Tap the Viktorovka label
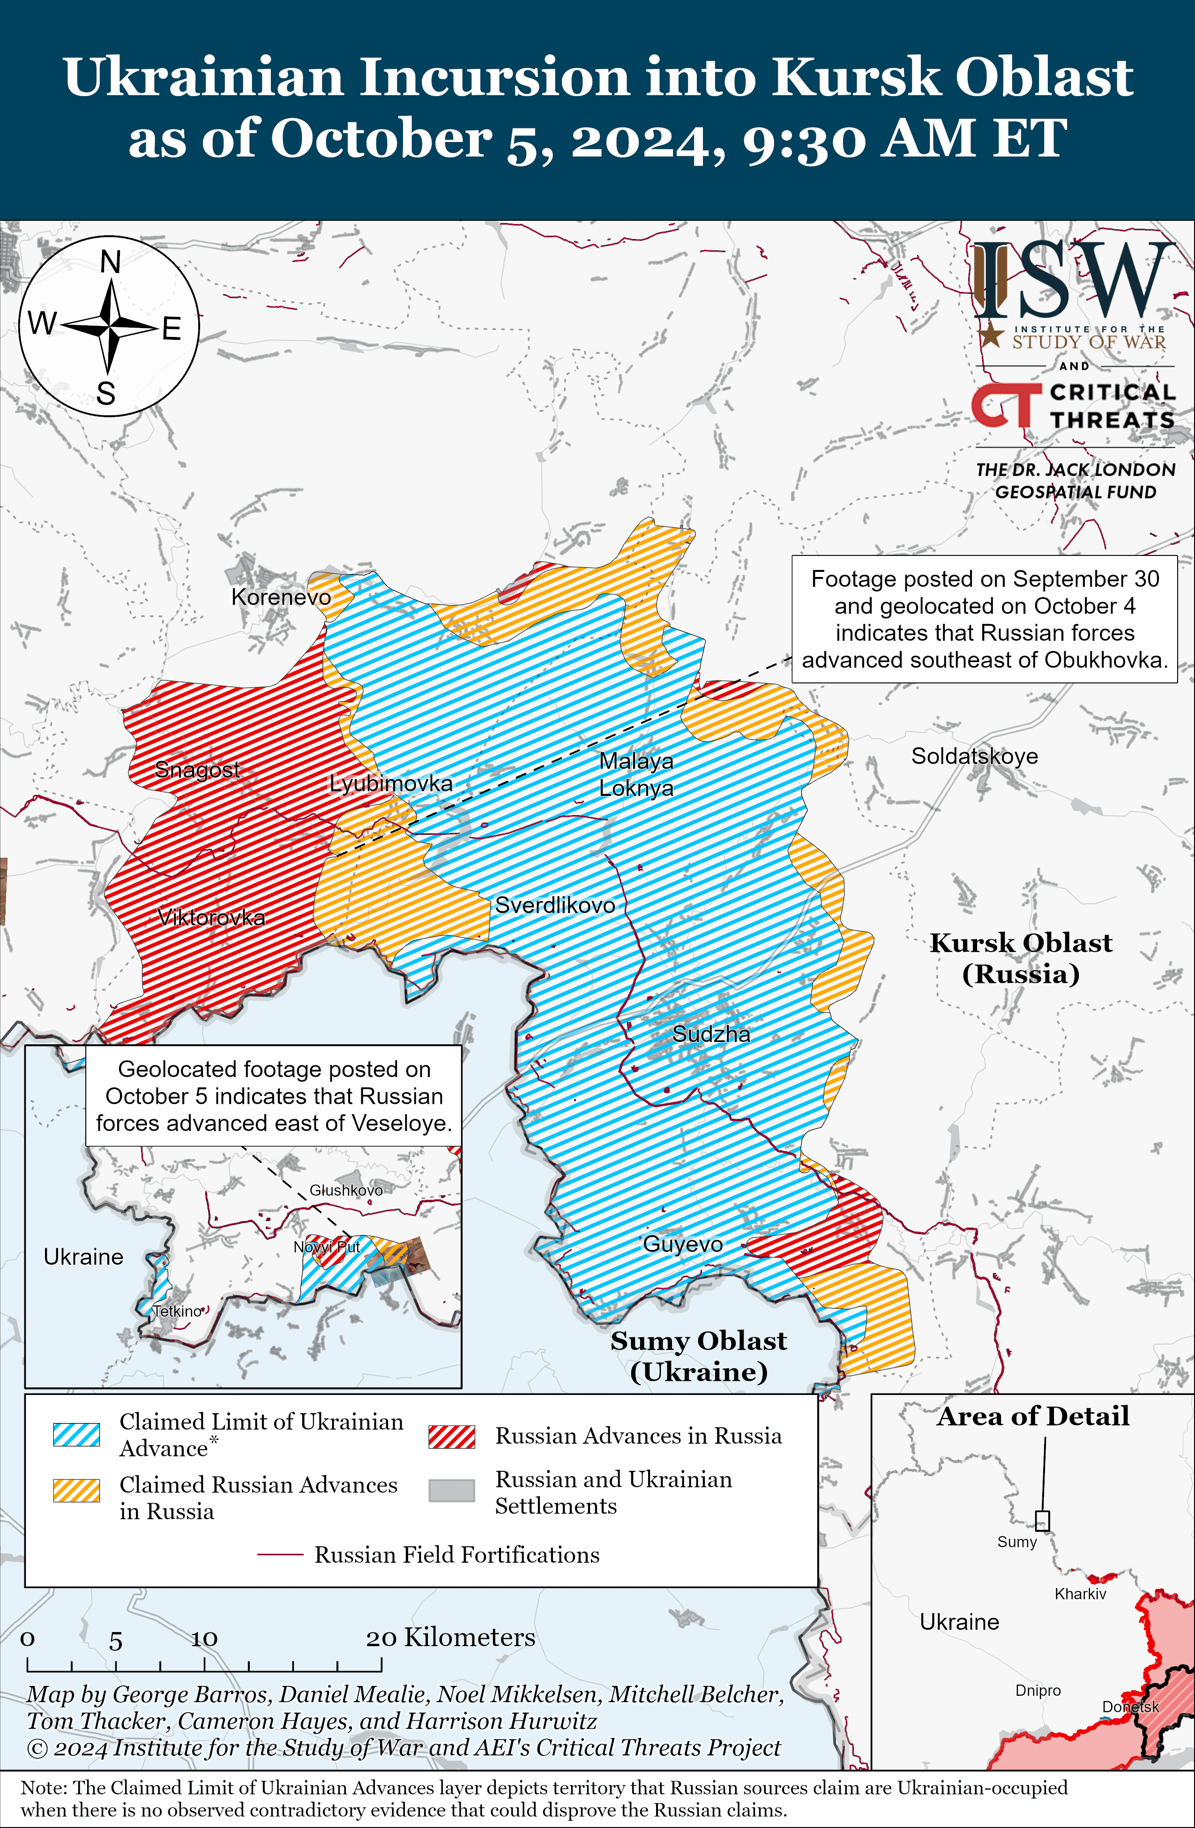pos(211,917)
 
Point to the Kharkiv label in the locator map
pos(1080,1594)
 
